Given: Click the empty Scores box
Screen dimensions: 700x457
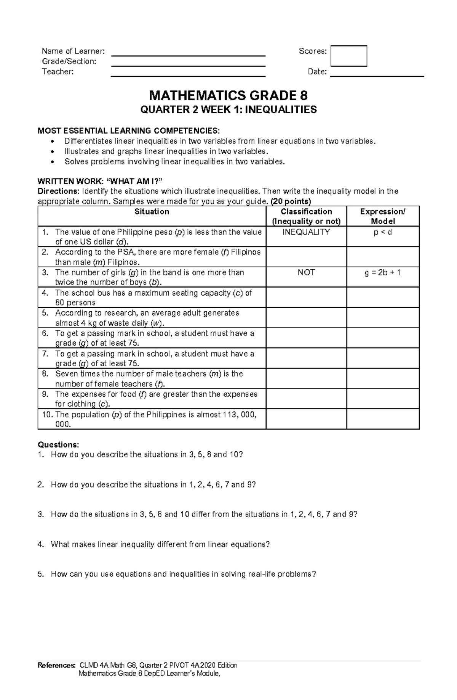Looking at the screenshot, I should (x=348, y=56).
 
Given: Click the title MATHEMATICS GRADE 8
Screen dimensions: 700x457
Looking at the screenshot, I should (x=228, y=95).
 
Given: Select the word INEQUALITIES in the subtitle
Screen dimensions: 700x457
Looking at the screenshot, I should (x=280, y=110).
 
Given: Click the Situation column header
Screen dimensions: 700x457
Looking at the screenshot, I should (x=152, y=212).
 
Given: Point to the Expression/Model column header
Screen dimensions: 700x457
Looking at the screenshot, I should (x=383, y=216).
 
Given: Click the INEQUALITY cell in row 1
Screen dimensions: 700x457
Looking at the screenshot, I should (x=306, y=232).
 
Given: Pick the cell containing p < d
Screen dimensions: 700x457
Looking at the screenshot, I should (x=383, y=232).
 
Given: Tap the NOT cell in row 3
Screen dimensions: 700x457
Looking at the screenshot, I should (x=306, y=272).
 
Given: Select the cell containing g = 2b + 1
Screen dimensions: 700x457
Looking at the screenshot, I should (x=383, y=272).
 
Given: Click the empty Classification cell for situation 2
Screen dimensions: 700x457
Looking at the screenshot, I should (x=306, y=257).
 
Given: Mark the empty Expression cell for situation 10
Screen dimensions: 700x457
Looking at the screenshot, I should (x=383, y=419).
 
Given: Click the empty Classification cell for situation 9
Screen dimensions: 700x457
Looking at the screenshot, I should (x=306, y=399).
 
